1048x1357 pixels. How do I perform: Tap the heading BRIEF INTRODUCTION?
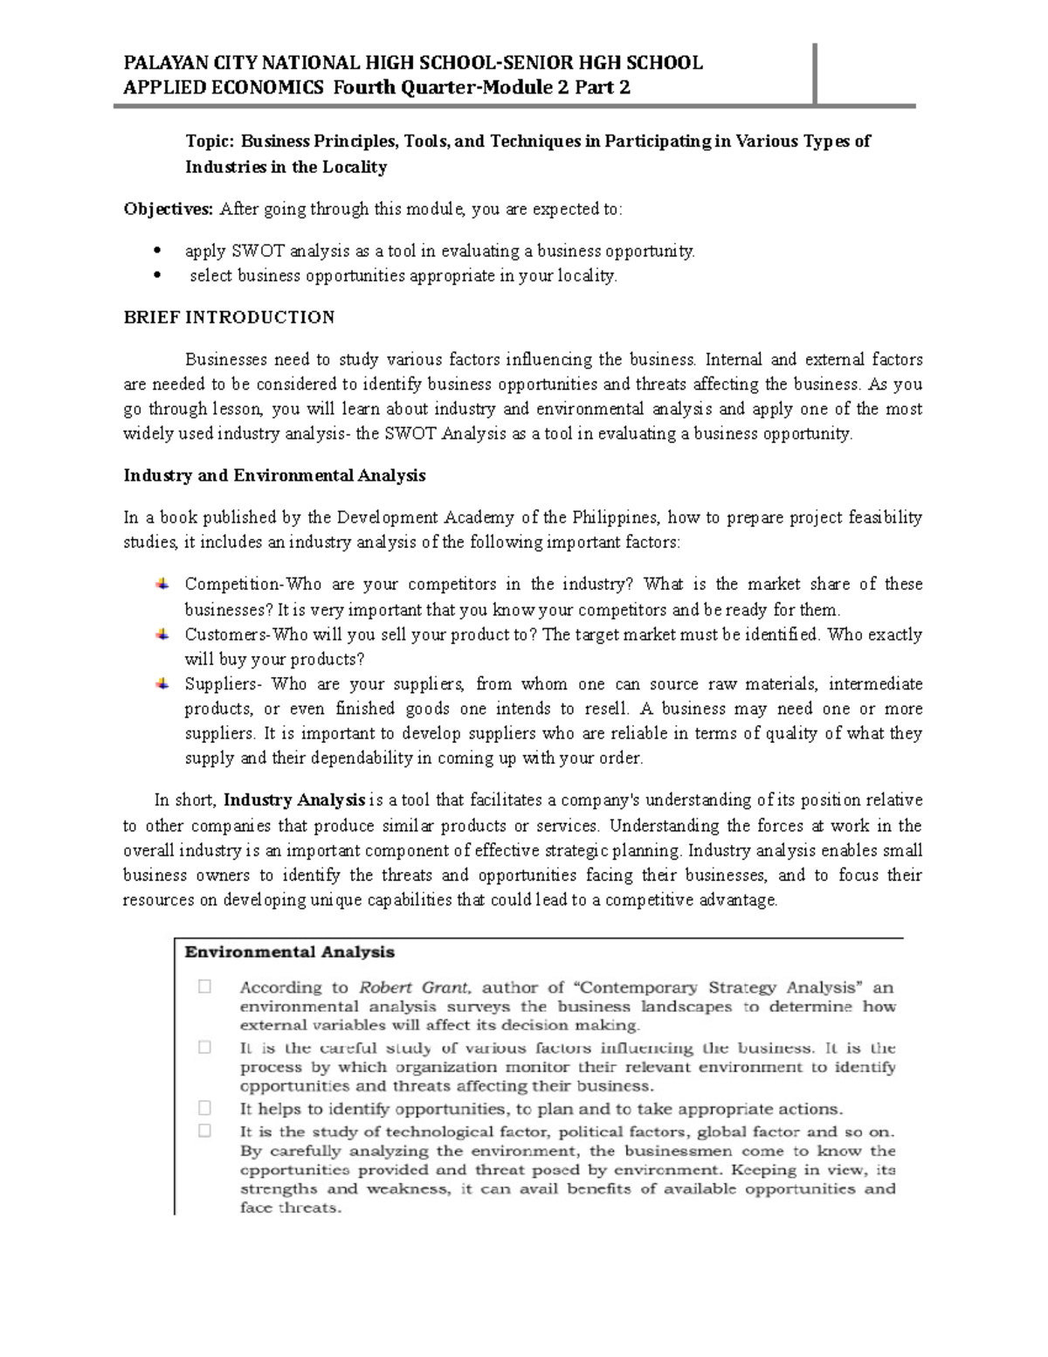229,317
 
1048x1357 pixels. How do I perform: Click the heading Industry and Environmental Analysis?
274,475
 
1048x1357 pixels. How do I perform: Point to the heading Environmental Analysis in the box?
289,952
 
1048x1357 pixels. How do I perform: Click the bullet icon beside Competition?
163,583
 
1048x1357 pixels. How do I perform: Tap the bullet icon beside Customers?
163,633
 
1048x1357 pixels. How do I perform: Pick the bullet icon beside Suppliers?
163,683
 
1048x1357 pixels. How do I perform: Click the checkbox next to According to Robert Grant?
205,987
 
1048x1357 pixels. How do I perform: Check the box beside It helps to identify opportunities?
205,1108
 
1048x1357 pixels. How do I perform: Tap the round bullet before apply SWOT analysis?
158,251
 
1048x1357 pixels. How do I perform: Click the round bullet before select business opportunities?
158,275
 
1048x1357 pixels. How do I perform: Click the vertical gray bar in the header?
815,73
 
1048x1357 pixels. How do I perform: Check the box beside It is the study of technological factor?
205,1131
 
